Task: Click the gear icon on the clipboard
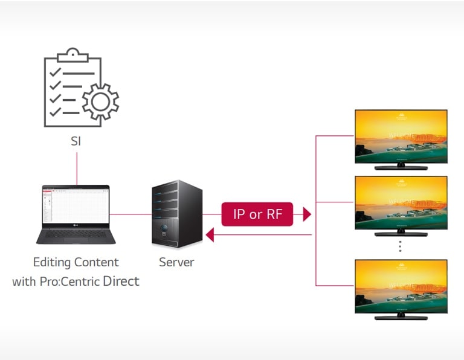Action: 100,101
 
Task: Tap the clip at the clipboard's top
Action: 73,53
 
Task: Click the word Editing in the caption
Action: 53,263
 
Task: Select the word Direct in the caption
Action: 121,281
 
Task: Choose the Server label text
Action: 176,263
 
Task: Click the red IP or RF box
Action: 257,214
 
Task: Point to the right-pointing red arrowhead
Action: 306,214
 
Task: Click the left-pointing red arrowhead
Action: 210,234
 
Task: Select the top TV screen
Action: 401,136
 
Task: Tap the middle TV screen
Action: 401,202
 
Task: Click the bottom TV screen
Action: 401,286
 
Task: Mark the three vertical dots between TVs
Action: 400,246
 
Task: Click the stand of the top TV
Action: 401,166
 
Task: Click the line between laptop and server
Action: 130,214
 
